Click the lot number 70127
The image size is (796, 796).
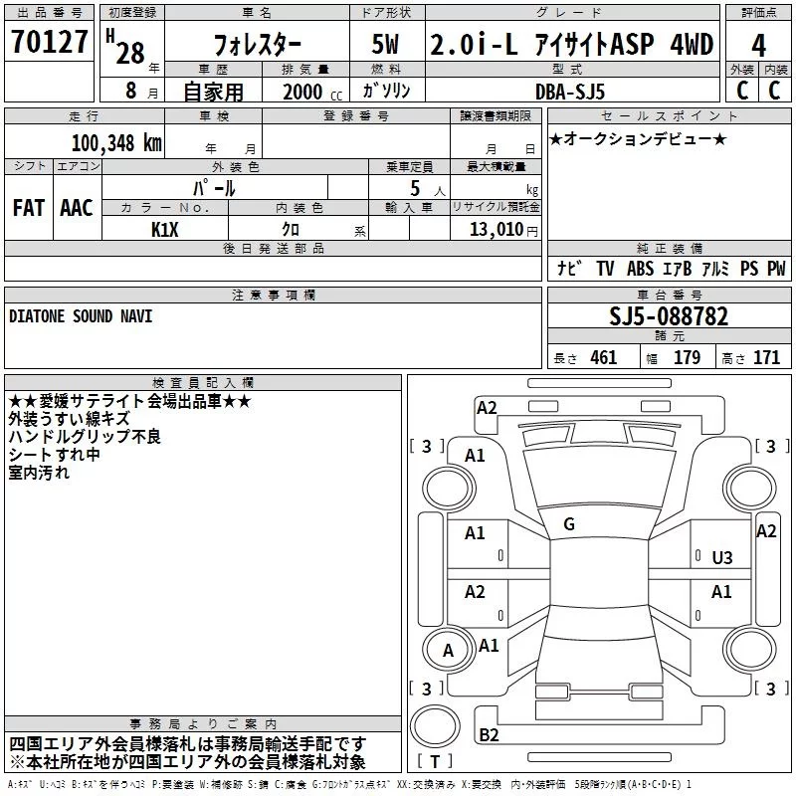pos(49,41)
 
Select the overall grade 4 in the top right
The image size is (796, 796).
pos(758,45)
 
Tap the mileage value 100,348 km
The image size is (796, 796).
pos(116,143)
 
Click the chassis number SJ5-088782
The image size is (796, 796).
pos(669,316)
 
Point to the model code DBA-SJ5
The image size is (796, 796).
pos(570,92)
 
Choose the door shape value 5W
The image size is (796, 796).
pos(385,45)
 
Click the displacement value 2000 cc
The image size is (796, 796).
pos(311,92)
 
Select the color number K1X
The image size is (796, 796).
pos(165,230)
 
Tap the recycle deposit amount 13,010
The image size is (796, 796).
pos(497,229)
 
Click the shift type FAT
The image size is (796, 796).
pos(29,208)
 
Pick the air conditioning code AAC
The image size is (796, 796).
pos(77,208)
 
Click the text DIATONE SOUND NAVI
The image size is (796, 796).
pos(81,316)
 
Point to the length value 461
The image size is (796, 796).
pos(603,357)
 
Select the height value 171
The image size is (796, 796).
pos(766,357)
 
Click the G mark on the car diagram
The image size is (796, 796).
pos(569,524)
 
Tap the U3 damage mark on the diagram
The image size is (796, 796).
pos(722,558)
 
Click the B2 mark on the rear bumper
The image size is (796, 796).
pos(489,734)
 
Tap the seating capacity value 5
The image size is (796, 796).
pos(415,188)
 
